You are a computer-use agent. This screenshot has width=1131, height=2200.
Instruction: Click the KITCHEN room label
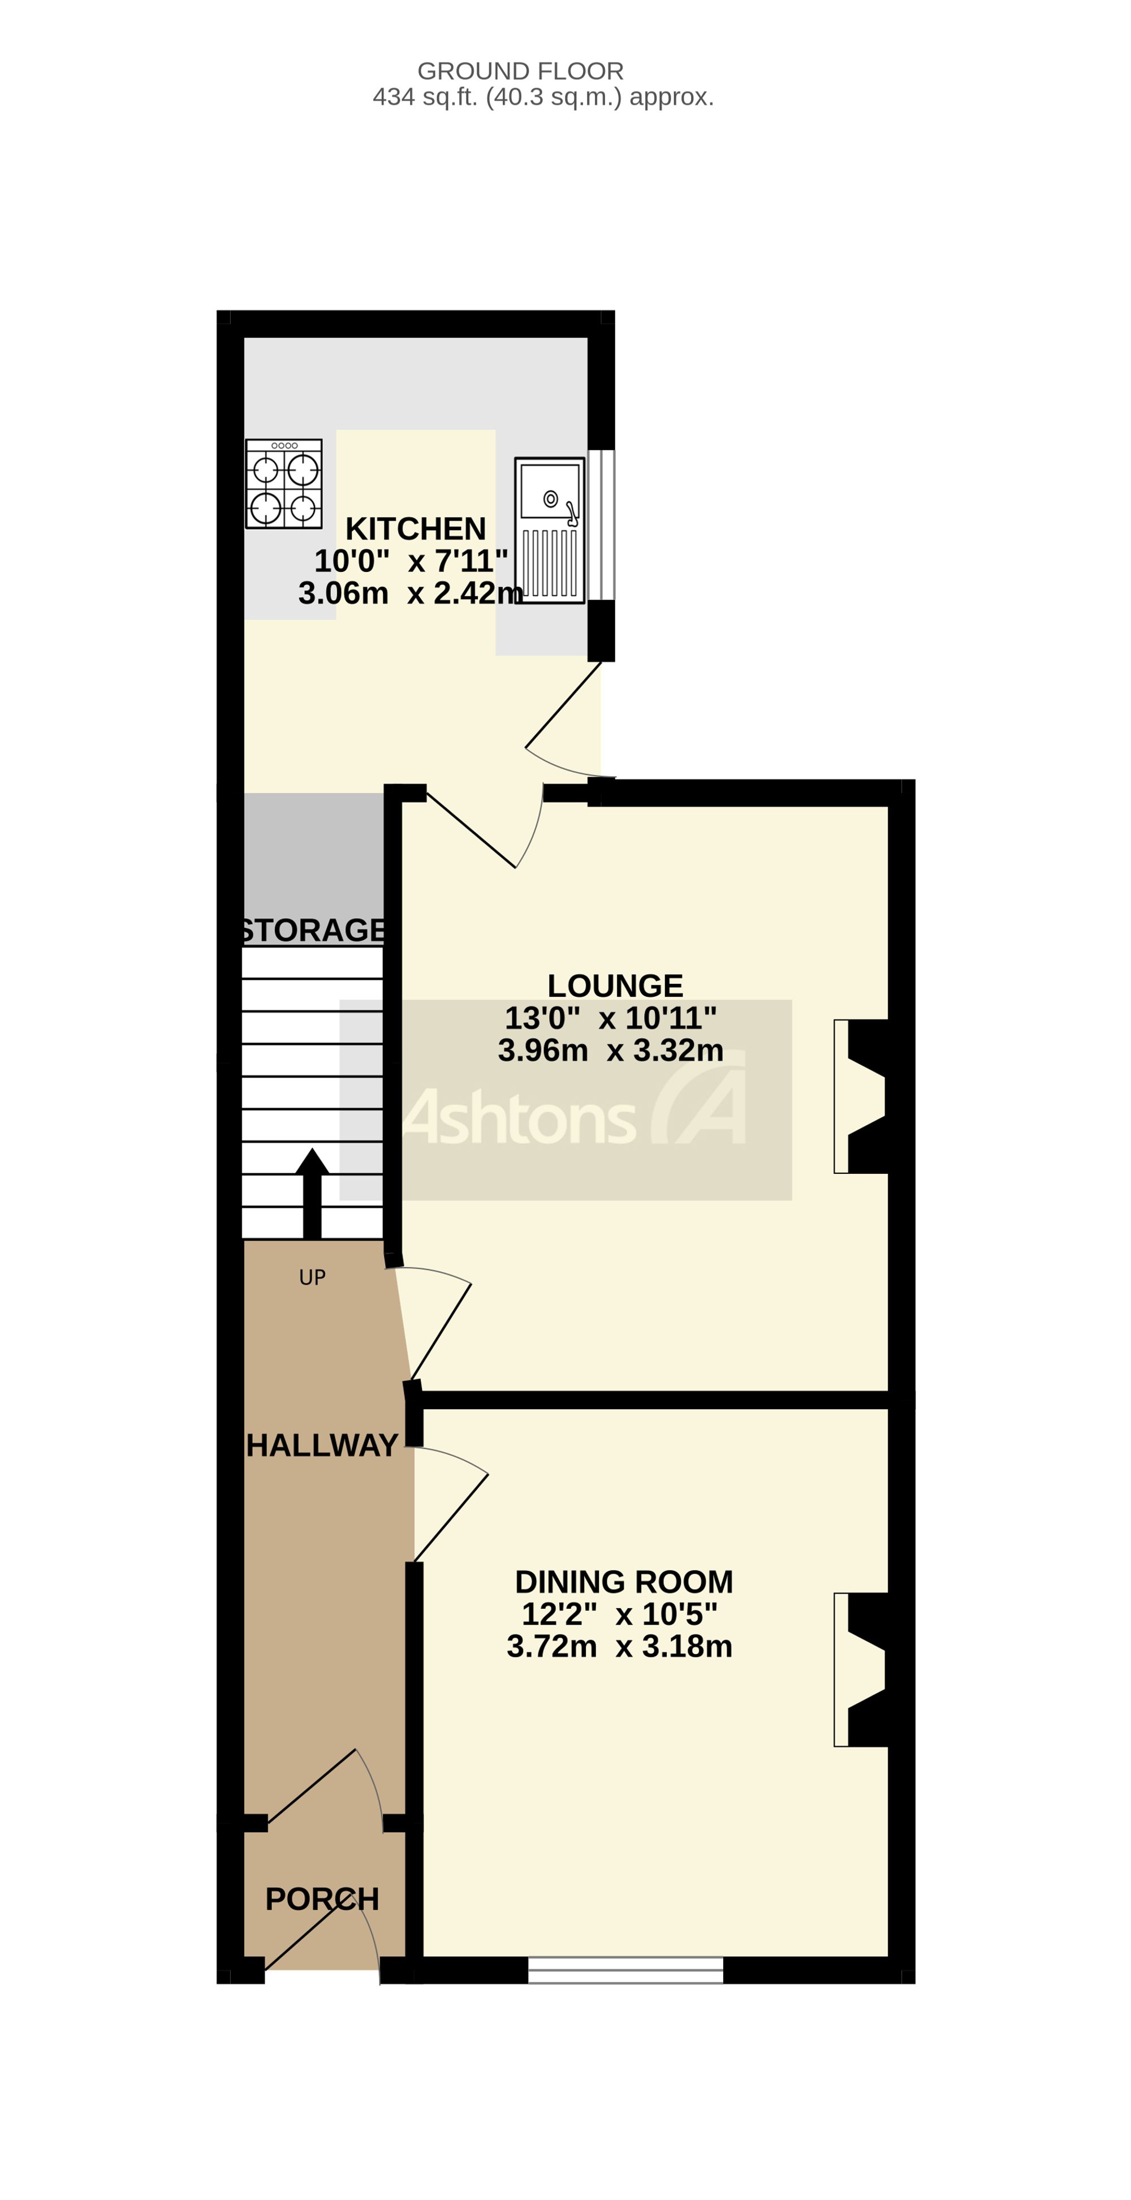click(x=415, y=529)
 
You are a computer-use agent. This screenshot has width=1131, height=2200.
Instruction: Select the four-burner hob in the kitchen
click(x=283, y=483)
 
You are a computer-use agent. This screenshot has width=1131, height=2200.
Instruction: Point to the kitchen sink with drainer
click(x=550, y=531)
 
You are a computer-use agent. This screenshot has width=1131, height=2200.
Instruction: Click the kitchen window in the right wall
click(x=601, y=524)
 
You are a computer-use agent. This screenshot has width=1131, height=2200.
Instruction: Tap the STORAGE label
click(x=312, y=929)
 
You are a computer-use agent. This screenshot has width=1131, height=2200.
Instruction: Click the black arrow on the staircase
click(x=312, y=1193)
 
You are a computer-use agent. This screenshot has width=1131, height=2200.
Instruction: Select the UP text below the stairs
click(x=312, y=1277)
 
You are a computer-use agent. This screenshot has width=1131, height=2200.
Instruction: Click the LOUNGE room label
click(x=615, y=985)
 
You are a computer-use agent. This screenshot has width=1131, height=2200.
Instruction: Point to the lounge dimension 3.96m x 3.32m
click(x=610, y=1049)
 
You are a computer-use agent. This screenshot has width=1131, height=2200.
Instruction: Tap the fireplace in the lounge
click(x=861, y=1096)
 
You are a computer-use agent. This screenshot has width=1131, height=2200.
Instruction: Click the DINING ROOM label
click(x=624, y=1582)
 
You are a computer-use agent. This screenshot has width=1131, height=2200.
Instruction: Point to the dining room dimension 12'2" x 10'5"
click(x=620, y=1614)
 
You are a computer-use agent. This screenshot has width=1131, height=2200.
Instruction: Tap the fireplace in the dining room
click(x=861, y=1669)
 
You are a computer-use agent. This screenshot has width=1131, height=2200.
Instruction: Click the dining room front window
click(x=625, y=1970)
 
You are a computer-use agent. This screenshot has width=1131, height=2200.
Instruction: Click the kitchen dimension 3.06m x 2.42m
click(x=411, y=593)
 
